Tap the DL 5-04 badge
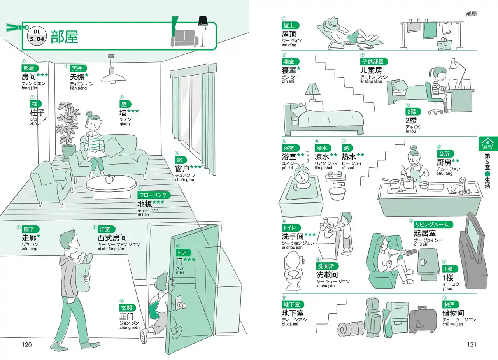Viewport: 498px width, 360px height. (x=37, y=35)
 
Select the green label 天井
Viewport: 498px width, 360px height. (x=76, y=68)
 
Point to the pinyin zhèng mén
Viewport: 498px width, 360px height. (x=130, y=327)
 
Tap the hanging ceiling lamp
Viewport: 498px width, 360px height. (x=112, y=76)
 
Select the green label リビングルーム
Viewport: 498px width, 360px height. (x=431, y=224)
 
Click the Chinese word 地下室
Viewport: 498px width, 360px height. (x=293, y=313)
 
